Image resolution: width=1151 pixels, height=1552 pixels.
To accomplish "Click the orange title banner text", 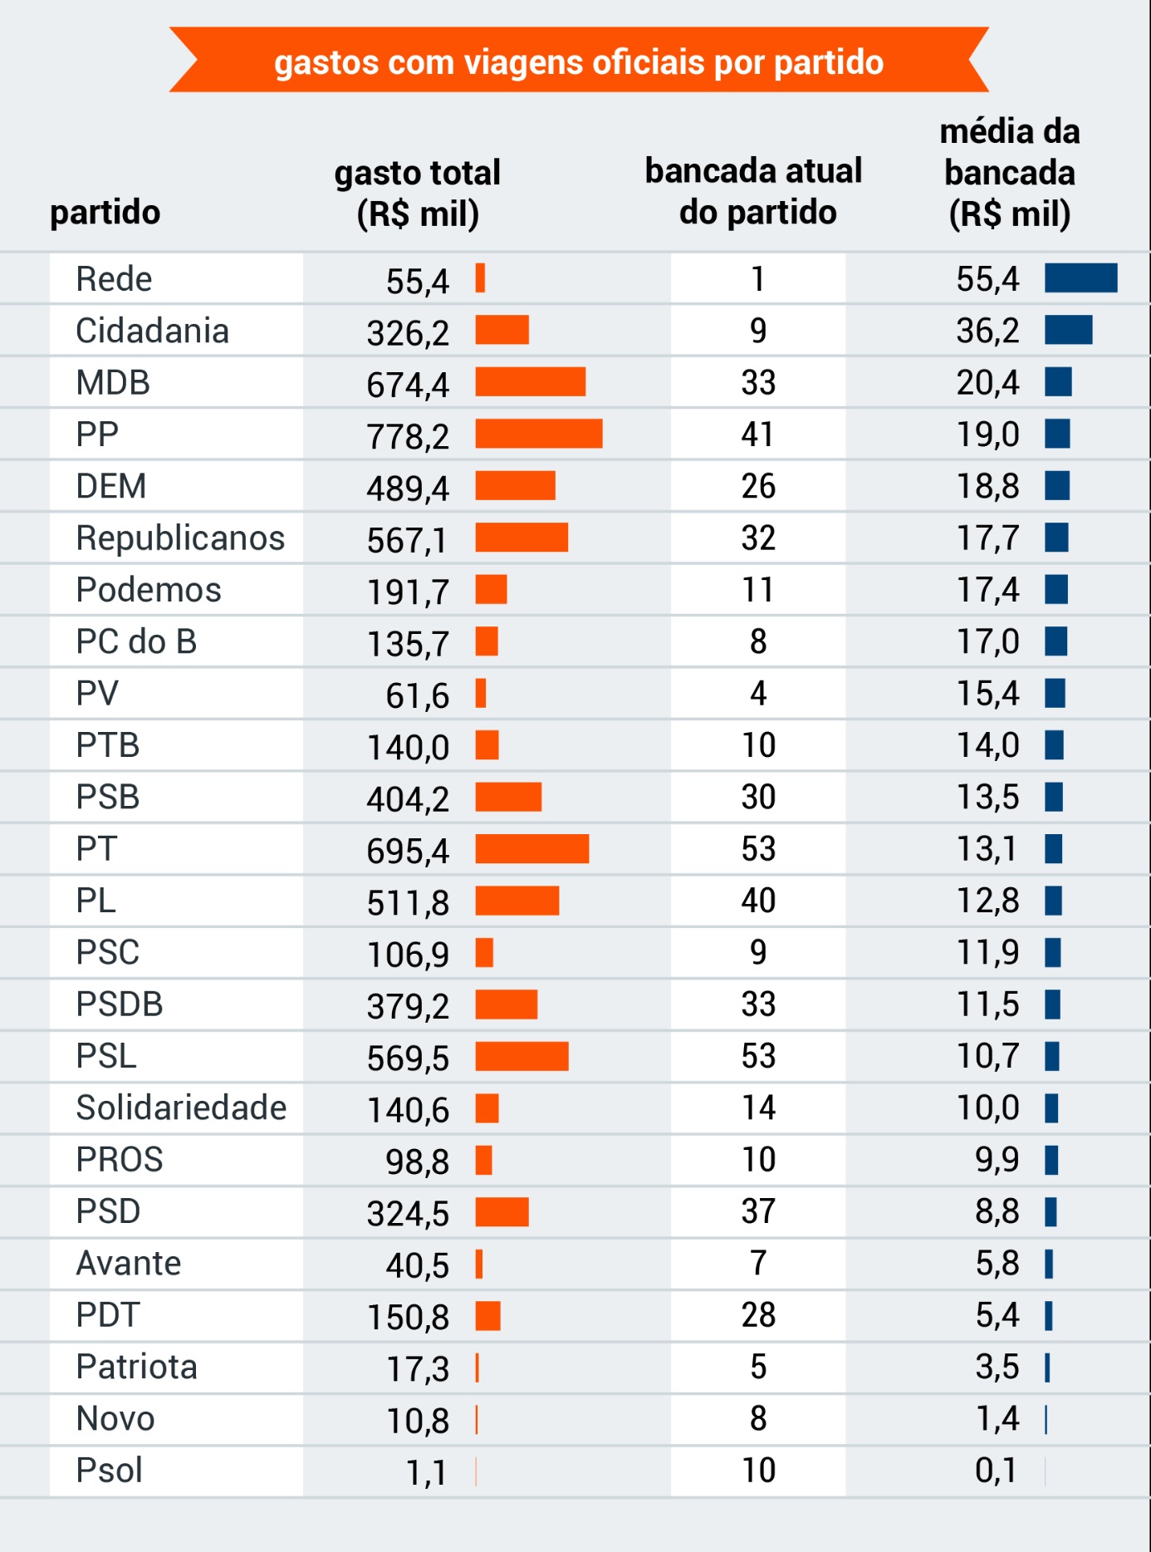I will pyautogui.click(x=579, y=62).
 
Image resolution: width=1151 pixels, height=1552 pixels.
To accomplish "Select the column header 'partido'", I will pyautogui.click(x=105, y=212).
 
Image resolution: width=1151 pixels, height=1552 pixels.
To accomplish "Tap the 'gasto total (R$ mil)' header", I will pyautogui.click(x=418, y=193).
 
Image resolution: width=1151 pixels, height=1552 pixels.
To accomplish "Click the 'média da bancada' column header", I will pyautogui.click(x=1009, y=173).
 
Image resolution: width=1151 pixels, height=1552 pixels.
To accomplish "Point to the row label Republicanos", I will pyautogui.click(x=180, y=538).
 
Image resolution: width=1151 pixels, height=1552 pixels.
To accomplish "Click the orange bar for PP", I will pyautogui.click(x=538, y=434).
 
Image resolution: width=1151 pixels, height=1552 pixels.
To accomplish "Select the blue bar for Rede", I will pyautogui.click(x=1080, y=278).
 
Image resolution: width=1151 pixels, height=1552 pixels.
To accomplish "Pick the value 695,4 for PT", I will pyautogui.click(x=408, y=851).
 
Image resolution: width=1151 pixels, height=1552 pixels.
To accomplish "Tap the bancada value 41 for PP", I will pyautogui.click(x=757, y=435).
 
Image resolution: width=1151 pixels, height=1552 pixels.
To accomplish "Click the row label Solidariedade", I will pyautogui.click(x=181, y=1108).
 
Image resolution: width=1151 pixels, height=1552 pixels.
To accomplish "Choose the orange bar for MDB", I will pyautogui.click(x=530, y=382).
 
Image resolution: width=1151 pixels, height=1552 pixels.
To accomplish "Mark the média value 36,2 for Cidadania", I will pyautogui.click(x=987, y=331).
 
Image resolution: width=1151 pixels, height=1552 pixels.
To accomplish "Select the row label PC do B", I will pyautogui.click(x=136, y=642).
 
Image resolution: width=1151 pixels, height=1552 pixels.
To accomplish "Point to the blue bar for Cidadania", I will pyautogui.click(x=1068, y=330).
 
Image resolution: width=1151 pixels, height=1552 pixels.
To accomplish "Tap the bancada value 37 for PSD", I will pyautogui.click(x=757, y=1211).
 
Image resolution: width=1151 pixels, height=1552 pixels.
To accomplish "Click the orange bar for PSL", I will pyautogui.click(x=522, y=1056).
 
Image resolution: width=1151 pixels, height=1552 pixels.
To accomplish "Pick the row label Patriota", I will pyautogui.click(x=136, y=1368).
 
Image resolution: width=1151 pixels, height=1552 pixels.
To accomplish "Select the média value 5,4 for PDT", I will pyautogui.click(x=997, y=1315).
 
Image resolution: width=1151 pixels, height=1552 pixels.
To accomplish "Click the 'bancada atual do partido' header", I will pyautogui.click(x=754, y=192).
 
